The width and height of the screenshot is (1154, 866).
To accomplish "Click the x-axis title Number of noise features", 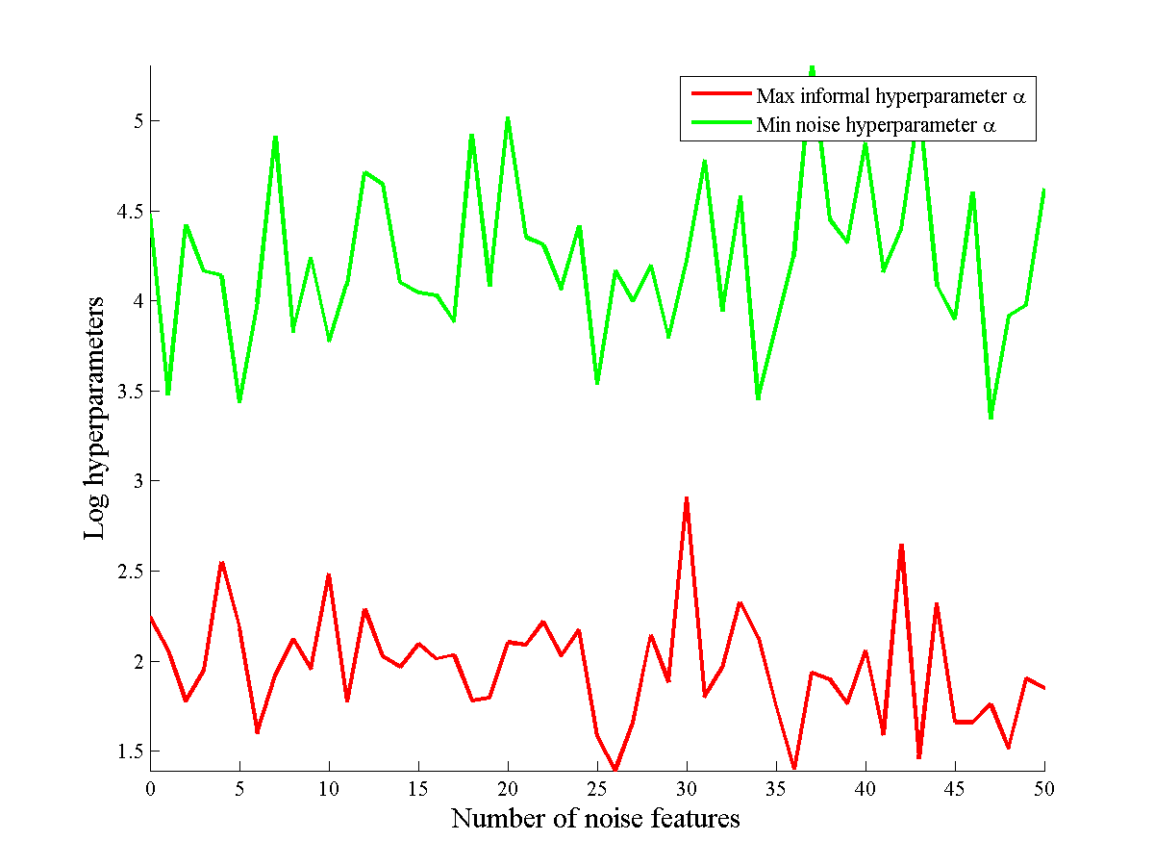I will click(x=595, y=819).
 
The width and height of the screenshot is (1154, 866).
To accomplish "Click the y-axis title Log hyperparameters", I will click(x=95, y=418).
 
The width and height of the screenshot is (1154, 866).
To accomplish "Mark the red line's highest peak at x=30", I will click(x=687, y=498).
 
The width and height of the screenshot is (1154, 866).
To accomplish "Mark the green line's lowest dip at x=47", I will click(x=991, y=418).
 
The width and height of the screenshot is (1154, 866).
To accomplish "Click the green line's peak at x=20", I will click(x=508, y=118).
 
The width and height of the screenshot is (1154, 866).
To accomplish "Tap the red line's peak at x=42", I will click(x=901, y=546).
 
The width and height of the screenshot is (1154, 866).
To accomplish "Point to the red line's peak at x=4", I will click(x=221, y=562).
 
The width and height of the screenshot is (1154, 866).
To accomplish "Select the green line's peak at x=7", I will click(x=275, y=137).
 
